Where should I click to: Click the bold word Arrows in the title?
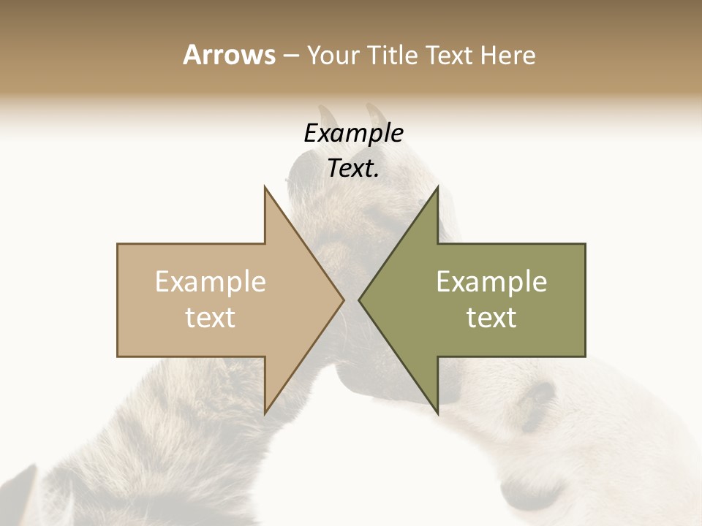[x=228, y=55]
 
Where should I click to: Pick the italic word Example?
[x=353, y=133]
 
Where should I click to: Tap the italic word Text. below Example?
[x=353, y=169]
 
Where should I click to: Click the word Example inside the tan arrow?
[x=211, y=282]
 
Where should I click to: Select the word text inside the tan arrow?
[x=211, y=318]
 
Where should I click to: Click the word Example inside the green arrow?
[x=491, y=282]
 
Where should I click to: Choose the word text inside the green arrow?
[x=491, y=318]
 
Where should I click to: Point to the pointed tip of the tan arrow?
[x=344, y=300]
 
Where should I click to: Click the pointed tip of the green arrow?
[x=359, y=300]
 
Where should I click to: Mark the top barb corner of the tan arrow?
[x=265, y=186]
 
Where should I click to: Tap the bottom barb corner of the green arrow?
[x=438, y=413]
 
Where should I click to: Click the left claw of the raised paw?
[x=327, y=117]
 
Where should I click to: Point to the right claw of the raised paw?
[x=377, y=113]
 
